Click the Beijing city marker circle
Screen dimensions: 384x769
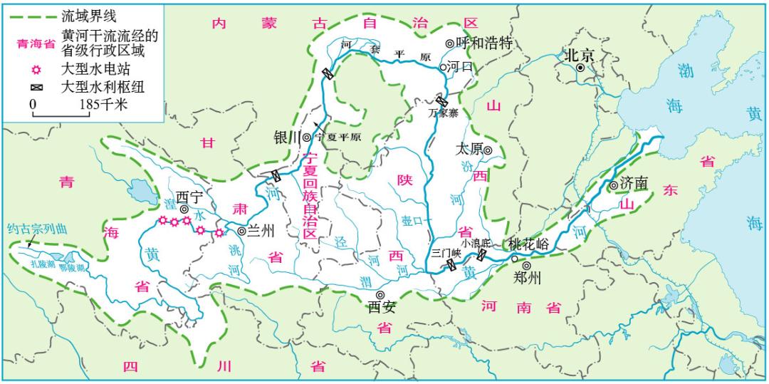(581, 68)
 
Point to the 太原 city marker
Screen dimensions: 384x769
(488, 150)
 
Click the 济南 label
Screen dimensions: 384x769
(634, 184)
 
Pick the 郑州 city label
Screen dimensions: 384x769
(527, 278)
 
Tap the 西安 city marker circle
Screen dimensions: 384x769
(380, 294)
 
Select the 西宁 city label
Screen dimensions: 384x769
(189, 197)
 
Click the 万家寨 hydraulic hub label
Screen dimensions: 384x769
(443, 112)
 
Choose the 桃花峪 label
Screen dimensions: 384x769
(528, 244)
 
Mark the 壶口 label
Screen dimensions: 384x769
(412, 221)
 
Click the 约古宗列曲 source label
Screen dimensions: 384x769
(36, 229)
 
